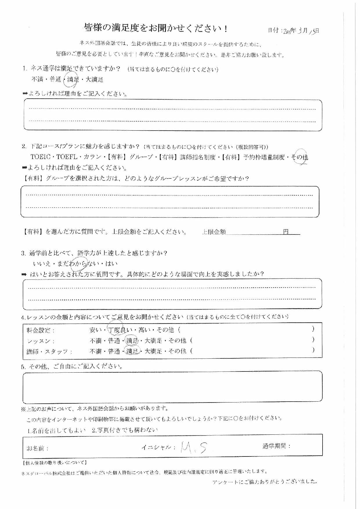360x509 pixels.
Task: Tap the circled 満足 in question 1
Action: coord(73,80)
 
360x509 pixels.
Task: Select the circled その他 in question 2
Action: coord(300,157)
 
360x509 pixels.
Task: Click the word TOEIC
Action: coord(41,157)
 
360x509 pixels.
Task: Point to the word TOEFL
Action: coord(67,157)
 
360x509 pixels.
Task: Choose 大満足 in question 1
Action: coord(94,80)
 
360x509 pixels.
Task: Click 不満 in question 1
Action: coord(37,80)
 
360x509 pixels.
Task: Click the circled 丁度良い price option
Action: coord(120,330)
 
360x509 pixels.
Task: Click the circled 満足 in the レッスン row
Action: coord(132,341)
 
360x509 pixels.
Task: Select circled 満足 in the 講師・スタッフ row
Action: coord(132,351)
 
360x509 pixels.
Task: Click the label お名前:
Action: coord(37,449)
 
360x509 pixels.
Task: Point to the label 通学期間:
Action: coord(276,446)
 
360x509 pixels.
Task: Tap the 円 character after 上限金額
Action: coord(286,232)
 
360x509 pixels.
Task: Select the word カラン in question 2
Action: coord(92,157)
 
